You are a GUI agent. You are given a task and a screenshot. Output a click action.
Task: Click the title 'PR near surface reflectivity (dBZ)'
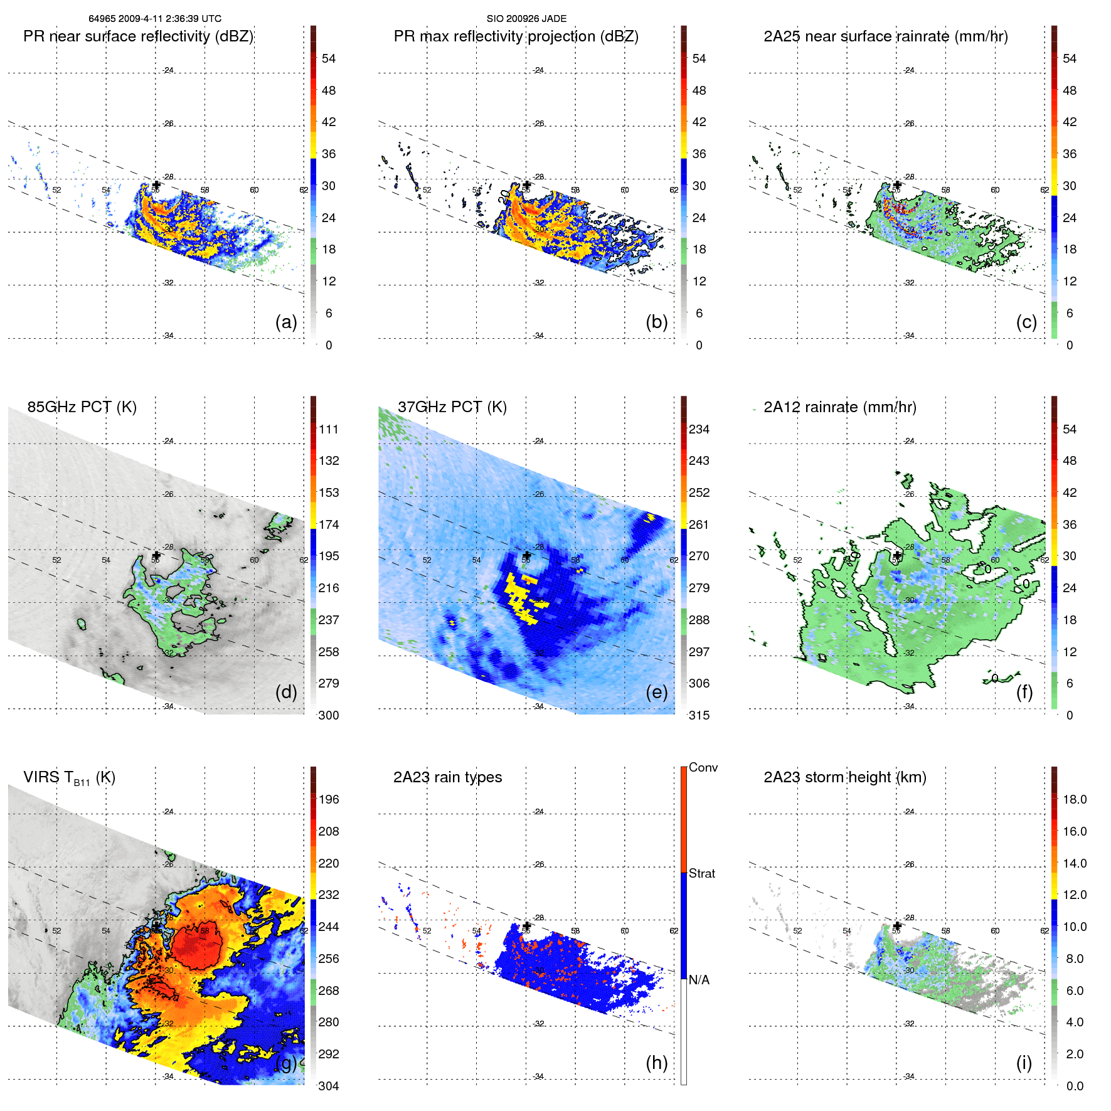point(139,36)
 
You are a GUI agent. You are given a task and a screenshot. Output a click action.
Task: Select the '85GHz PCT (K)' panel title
point(82,407)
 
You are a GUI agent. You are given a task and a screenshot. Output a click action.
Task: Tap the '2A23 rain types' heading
point(447,777)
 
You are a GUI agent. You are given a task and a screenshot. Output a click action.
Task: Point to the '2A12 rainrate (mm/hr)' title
point(840,407)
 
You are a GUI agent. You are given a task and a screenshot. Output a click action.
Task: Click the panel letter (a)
point(286,322)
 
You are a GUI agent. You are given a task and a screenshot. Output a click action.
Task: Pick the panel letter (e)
point(657,692)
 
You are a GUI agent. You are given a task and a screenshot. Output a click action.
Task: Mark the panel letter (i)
point(1024,1063)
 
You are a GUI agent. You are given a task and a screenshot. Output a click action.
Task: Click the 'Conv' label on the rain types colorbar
point(703,767)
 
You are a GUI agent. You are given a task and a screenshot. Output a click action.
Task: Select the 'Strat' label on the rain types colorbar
point(702,873)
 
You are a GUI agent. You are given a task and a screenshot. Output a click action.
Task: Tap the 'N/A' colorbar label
point(699,980)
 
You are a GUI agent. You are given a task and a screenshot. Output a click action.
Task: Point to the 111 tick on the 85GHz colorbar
point(329,429)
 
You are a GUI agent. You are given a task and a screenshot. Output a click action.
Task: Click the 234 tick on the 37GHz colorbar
point(699,429)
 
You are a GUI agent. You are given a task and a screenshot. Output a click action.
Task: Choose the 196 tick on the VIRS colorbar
point(329,799)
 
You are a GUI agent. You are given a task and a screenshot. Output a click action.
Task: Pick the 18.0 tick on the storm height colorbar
point(1075,799)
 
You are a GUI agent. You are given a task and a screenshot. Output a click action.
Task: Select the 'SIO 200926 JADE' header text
point(526,19)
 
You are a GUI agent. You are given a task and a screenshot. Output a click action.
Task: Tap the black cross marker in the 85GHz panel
point(156,555)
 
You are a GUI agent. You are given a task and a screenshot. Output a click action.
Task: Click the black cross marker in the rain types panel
point(527,925)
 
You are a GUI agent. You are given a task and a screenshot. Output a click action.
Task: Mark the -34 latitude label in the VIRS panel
point(167,1076)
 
